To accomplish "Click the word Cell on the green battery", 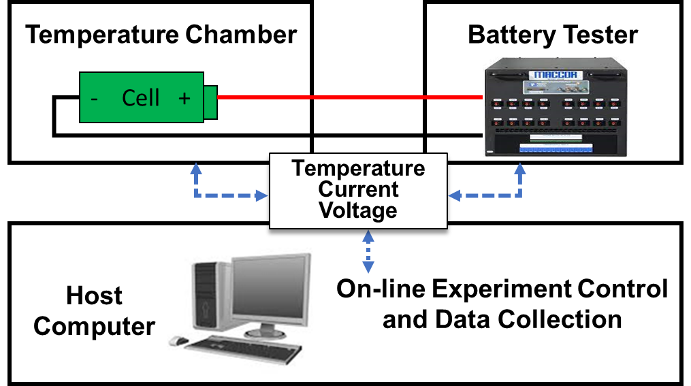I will (x=141, y=98).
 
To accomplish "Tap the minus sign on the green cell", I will (x=94, y=99).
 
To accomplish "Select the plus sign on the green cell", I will (x=184, y=98).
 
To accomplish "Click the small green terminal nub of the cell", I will (x=210, y=102).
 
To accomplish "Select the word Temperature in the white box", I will (x=358, y=168).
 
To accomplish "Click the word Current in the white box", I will (x=358, y=189).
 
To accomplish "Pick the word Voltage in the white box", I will (x=358, y=210).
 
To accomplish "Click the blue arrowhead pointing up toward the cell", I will (x=196, y=168).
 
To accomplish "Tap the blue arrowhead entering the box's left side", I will (x=262, y=196).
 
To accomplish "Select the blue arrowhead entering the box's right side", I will (x=455, y=196).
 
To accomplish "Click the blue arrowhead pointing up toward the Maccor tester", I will (x=520, y=168).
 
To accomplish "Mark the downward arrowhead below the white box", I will (x=368, y=268).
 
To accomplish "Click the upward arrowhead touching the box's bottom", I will (x=368, y=236).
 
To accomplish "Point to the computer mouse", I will (x=178, y=340).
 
